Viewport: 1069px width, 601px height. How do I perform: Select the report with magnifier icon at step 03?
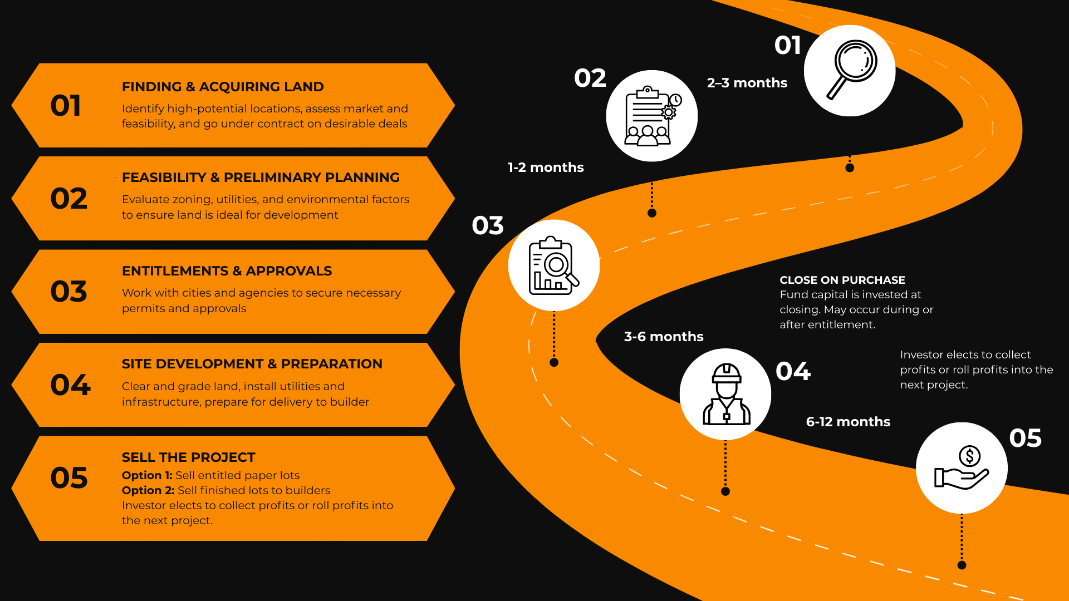(x=553, y=265)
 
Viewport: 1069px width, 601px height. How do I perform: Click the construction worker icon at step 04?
(x=726, y=394)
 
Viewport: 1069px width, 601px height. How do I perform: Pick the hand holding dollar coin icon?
(x=962, y=468)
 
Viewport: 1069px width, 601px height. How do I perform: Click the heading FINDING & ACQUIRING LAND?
(x=223, y=87)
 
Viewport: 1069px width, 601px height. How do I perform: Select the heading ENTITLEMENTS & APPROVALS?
(x=227, y=271)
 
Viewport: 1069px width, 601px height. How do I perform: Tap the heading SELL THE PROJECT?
(x=188, y=457)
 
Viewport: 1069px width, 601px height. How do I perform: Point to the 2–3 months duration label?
(x=747, y=83)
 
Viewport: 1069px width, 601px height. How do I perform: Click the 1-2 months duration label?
(x=546, y=168)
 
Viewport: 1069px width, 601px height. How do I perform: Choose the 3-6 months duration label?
(x=664, y=337)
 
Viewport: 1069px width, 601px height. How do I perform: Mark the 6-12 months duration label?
(x=848, y=422)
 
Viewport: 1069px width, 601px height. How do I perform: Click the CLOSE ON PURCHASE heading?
(x=842, y=280)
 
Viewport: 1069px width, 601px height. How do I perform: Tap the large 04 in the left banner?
(x=70, y=385)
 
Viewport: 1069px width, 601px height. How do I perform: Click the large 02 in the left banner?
(x=69, y=199)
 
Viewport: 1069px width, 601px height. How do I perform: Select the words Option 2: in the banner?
(x=148, y=490)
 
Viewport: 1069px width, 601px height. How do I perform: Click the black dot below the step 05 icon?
(x=962, y=565)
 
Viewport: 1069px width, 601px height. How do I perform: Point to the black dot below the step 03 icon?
(x=554, y=363)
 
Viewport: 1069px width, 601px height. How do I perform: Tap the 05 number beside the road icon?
(x=1025, y=438)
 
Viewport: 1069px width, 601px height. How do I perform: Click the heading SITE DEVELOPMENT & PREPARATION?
(x=252, y=364)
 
